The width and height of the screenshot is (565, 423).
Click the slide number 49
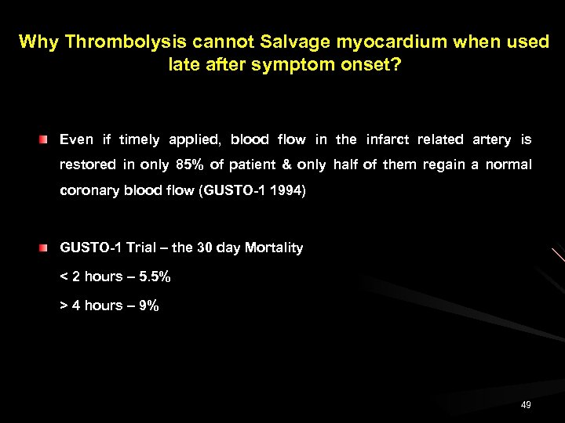point(526,405)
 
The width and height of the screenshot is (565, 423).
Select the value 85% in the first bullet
point(193,164)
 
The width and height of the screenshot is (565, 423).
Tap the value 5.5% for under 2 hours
point(154,277)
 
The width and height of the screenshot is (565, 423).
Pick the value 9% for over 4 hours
point(148,305)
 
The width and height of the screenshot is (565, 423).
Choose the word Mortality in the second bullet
point(274,248)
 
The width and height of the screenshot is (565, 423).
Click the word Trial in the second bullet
point(142,248)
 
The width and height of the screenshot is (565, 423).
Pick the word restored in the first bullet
point(89,164)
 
